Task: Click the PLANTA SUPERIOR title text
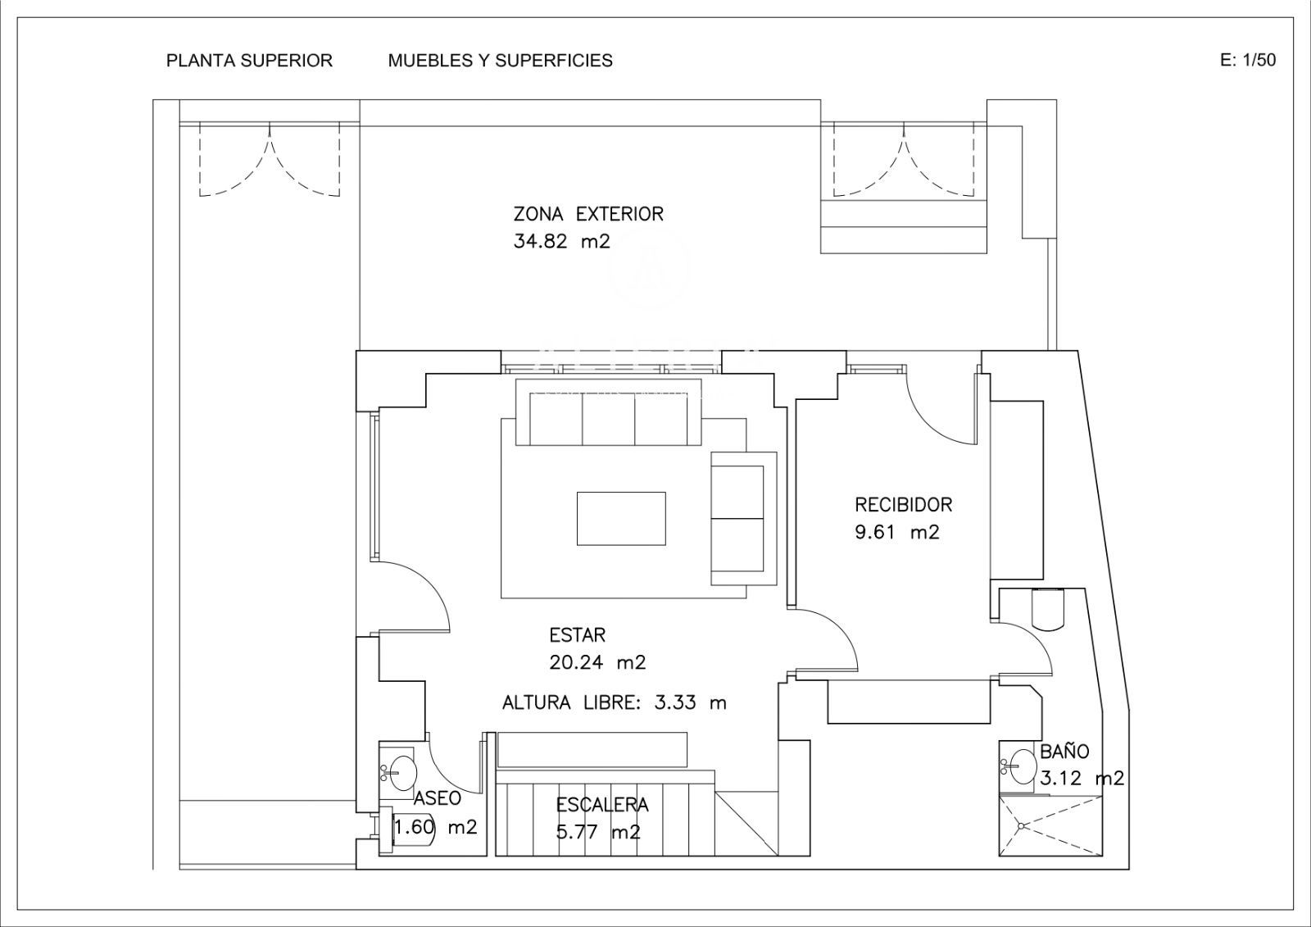point(249,61)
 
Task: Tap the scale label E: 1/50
point(1248,60)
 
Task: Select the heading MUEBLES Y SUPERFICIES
point(501,61)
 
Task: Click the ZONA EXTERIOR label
point(588,214)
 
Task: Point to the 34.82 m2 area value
point(562,241)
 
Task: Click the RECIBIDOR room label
point(904,504)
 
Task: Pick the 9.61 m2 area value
point(897,532)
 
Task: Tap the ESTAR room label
point(577,634)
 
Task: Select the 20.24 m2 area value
point(597,662)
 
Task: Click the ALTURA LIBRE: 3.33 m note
point(614,702)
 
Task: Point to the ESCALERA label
point(602,805)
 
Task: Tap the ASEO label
point(438,798)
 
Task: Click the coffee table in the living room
point(621,518)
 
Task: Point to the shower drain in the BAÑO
point(1021,825)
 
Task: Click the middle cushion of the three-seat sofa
point(609,419)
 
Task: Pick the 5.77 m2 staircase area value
point(597,832)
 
